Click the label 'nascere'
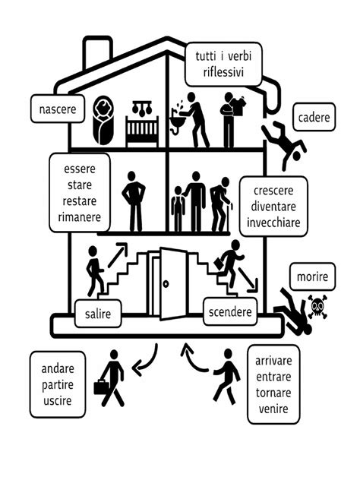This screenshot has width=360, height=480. point(58,109)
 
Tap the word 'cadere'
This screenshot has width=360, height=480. point(313,117)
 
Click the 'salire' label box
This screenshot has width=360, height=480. point(98,314)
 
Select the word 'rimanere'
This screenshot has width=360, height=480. point(79,216)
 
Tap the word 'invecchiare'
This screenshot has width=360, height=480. point(273,223)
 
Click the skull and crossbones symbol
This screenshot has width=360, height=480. point(317,308)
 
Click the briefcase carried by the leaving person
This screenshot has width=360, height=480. point(102,387)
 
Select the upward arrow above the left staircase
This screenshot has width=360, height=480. point(117,254)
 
